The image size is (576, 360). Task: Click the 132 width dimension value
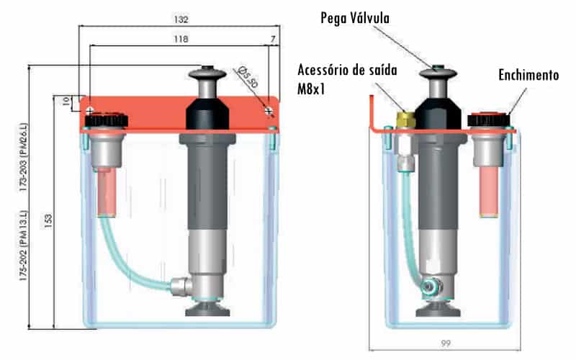181,19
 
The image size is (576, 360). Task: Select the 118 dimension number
181,39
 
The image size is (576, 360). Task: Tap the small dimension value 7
273,39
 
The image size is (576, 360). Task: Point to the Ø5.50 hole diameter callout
248,77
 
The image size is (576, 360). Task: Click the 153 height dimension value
48,221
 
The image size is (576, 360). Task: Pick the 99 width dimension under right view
446,344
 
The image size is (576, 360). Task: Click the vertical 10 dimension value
66,102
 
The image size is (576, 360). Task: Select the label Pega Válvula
355,18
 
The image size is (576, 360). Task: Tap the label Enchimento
528,75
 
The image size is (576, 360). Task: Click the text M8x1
311,89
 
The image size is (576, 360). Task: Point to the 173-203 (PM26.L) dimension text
24,157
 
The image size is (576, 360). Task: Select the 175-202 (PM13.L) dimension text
24,246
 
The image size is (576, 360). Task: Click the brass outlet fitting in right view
405,119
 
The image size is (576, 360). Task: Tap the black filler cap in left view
107,120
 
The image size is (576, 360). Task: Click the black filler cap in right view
489,120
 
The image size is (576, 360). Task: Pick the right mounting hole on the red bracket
269,110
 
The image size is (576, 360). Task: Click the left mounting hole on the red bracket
89,110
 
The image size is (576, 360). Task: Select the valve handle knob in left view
207,73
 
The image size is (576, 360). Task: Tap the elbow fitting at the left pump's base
181,286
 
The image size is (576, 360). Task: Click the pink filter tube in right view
489,192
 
